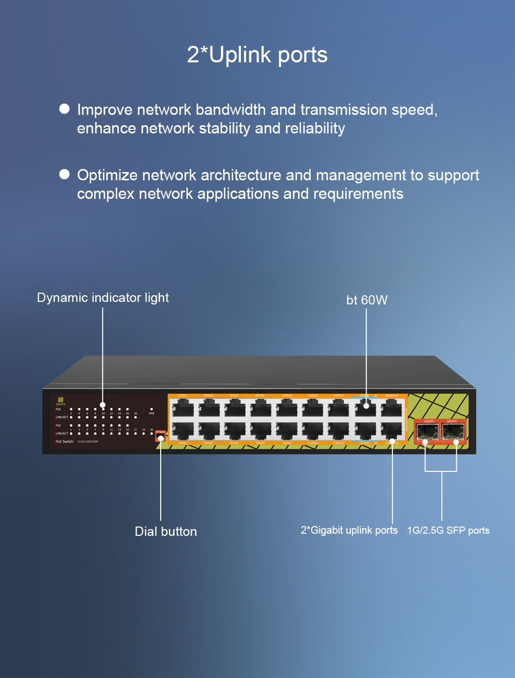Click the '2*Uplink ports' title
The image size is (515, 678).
pos(257,55)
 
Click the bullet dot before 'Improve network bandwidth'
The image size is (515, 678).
pos(64,109)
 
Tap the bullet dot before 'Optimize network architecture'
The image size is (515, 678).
pos(64,174)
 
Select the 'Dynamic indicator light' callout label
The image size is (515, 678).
pos(103,298)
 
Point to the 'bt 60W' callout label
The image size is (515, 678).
pos(367,300)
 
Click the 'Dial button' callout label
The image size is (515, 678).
pos(166,532)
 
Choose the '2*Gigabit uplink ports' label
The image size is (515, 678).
pos(349,530)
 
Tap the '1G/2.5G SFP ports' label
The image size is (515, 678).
pos(448,531)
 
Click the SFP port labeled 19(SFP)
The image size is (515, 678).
pos(427,433)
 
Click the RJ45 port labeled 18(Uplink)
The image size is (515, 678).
pos(392,409)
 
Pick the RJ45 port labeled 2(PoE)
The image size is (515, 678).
pos(183,409)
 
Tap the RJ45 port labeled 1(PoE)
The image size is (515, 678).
pos(183,431)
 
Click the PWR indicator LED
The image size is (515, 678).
pos(151,409)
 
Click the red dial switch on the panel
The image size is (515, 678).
pos(160,437)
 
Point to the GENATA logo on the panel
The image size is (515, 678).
pos(61,401)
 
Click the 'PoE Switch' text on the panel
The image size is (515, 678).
pos(64,442)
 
